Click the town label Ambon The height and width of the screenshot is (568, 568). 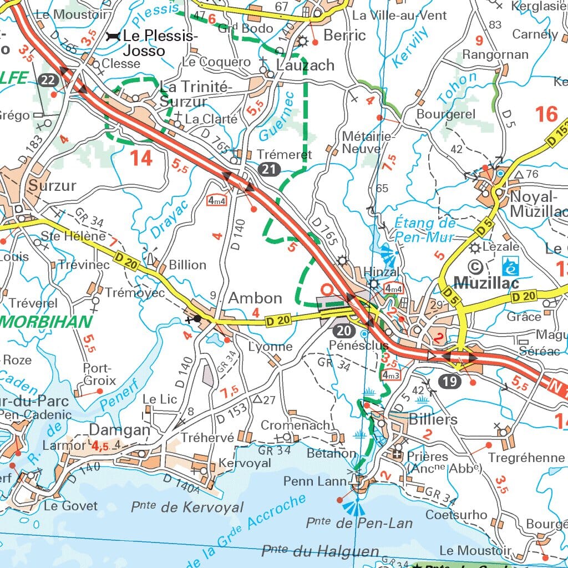(x=255, y=298)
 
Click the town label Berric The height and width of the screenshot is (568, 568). (x=344, y=35)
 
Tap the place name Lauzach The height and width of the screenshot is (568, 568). (x=305, y=65)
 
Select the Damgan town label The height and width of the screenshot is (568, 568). (x=120, y=430)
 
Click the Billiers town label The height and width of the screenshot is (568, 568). (x=433, y=419)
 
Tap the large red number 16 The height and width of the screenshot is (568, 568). (x=546, y=114)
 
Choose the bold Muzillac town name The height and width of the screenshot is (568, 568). (x=486, y=283)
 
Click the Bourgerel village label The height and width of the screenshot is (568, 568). (x=445, y=114)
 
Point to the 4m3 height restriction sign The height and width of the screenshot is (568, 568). (x=391, y=375)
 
